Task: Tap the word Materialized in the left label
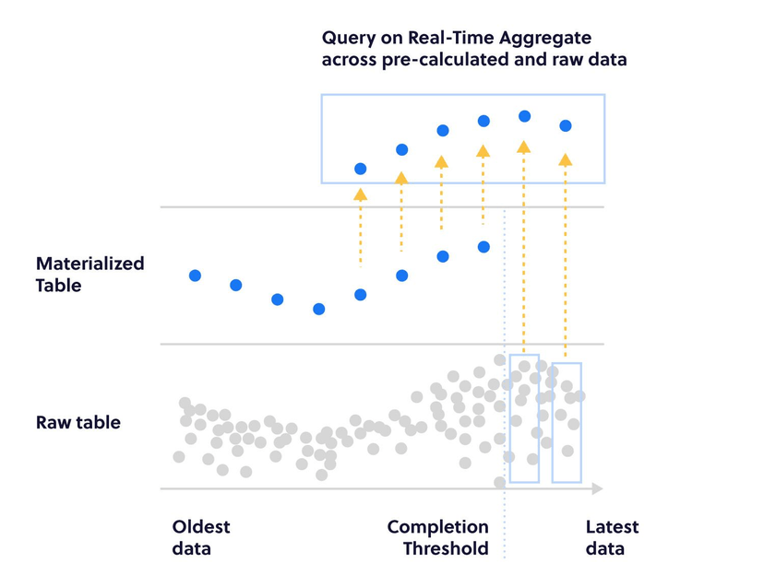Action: pos(90,264)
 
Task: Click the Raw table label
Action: pos(78,423)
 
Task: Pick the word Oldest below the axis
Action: pos(201,527)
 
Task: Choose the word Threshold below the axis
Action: pos(446,549)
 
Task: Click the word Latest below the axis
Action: pos(612,527)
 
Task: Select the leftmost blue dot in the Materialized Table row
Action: pos(195,276)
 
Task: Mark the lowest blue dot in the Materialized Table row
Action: pos(318,309)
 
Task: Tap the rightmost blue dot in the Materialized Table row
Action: pos(483,247)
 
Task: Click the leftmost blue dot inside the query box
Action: pos(361,169)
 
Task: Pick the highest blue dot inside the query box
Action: pos(524,116)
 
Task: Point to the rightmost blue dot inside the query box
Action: pos(566,125)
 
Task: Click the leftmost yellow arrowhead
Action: pos(361,194)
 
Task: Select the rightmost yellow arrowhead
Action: pos(566,160)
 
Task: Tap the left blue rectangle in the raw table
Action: pos(524,418)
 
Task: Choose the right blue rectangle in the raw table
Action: pos(567,423)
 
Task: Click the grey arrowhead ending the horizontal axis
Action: pos(597,488)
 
